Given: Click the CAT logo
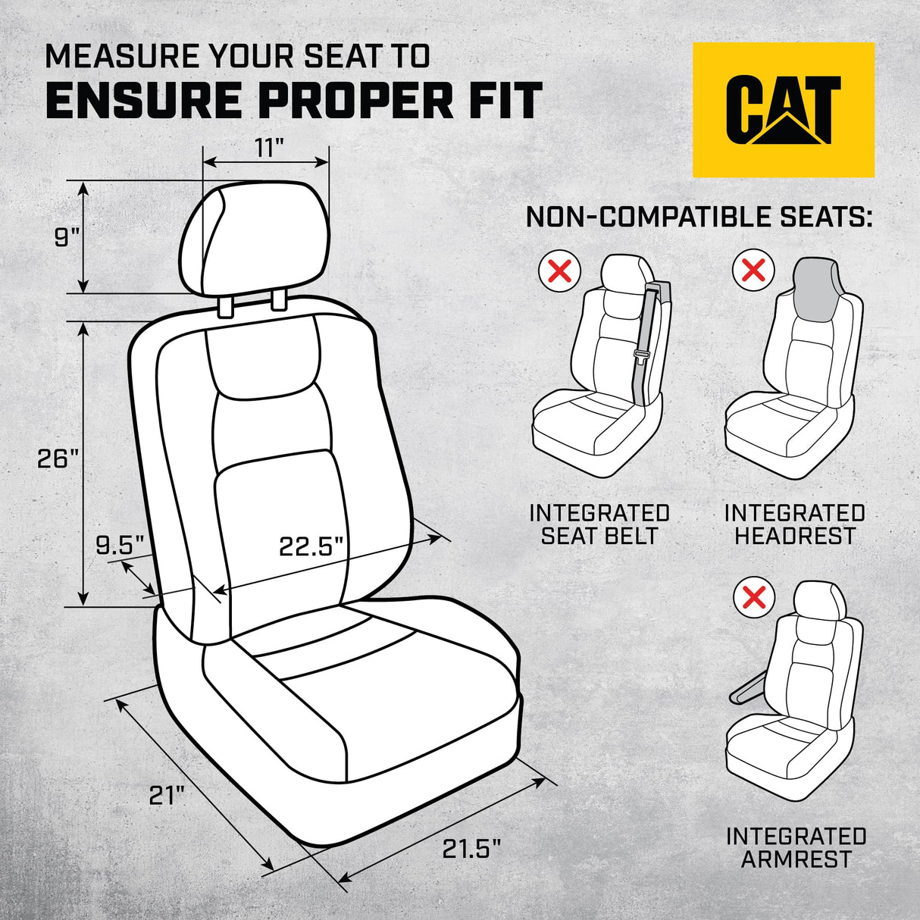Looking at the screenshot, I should (784, 109).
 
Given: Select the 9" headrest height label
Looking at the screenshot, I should (67, 237).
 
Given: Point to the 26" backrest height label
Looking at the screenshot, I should (58, 458).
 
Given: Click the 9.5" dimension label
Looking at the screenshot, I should (120, 544).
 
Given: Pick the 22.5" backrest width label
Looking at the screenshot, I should (311, 546).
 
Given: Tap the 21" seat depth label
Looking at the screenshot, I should (166, 796).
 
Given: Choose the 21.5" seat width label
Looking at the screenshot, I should (471, 850).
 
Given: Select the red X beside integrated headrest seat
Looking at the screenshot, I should (753, 271).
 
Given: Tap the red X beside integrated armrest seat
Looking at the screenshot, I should (755, 597).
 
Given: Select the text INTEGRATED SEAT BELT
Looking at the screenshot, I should (599, 524).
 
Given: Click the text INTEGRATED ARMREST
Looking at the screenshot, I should (796, 847).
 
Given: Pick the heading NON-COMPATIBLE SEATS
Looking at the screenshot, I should (699, 217).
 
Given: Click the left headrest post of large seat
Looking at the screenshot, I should (225, 306).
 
